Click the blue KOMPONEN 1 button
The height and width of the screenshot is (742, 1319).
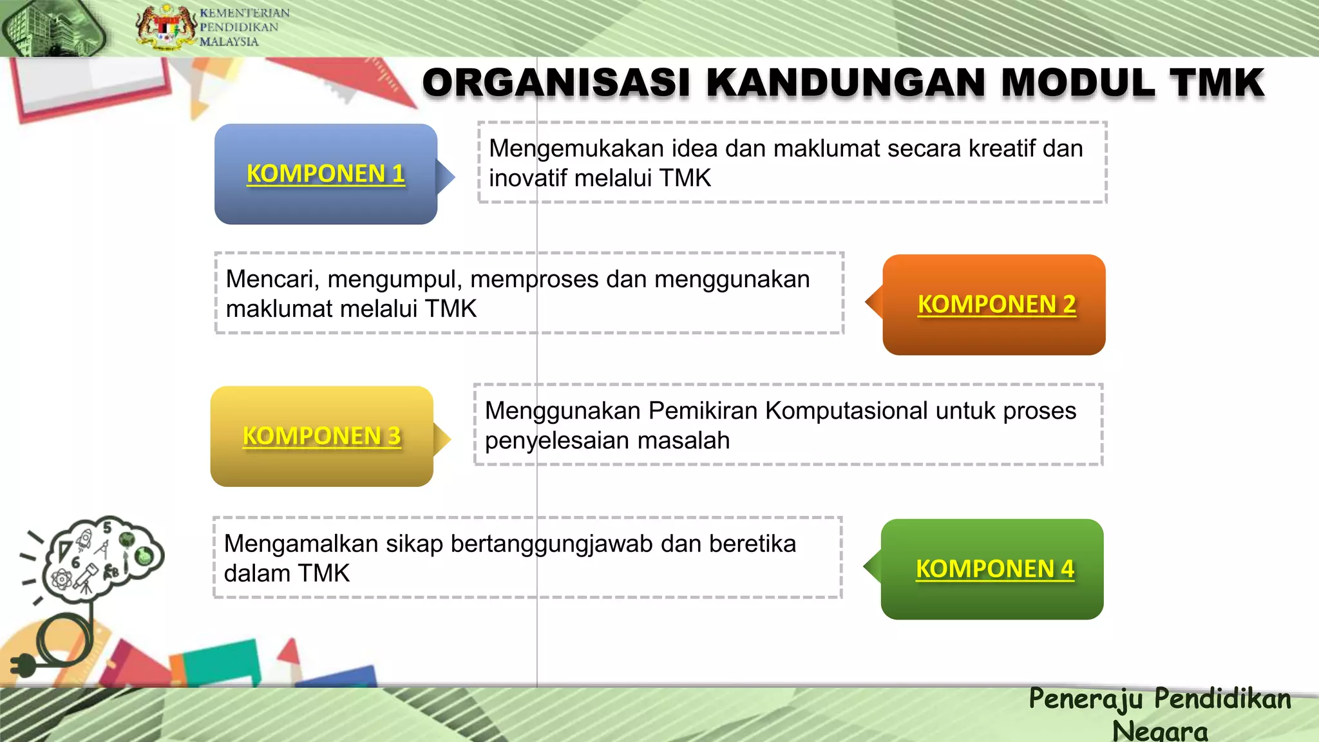coord(326,174)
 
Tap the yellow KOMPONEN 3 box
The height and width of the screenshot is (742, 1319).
coord(321,436)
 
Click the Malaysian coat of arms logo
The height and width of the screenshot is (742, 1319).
coord(166,28)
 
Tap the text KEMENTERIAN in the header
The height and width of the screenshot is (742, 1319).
coord(244,13)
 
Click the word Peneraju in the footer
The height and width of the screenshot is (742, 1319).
coord(1086,699)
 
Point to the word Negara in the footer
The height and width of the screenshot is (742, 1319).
coord(1159,730)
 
